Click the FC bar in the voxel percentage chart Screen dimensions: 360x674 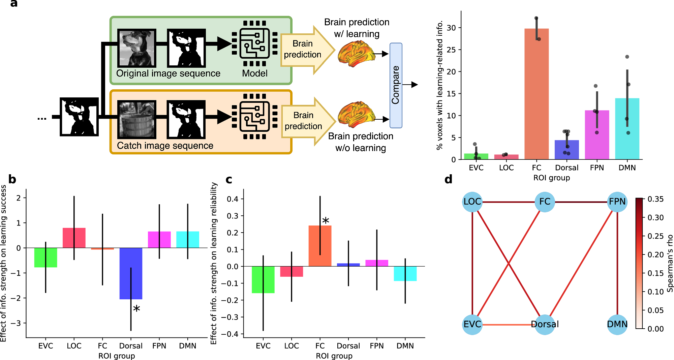537,94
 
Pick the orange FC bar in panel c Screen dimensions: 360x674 320,246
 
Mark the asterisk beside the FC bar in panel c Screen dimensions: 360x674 326,221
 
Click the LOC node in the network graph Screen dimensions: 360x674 472,202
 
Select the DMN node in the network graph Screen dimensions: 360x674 617,324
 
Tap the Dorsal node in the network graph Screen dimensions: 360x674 545,324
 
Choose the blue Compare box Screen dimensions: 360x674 396,85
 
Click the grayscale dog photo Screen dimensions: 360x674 136,48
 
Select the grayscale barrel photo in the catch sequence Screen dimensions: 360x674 136,120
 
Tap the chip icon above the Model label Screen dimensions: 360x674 254,43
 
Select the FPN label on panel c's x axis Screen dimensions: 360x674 376,346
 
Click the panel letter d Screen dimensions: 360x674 448,179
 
